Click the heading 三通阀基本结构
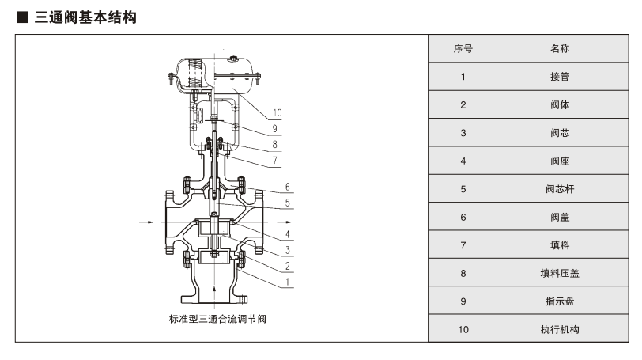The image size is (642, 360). coord(85,17)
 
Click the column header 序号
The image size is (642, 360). coord(463,49)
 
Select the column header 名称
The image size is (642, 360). coord(560,49)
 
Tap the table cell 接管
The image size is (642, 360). coord(560,77)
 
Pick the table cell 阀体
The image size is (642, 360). coord(560,104)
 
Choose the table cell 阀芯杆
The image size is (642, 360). coord(560,189)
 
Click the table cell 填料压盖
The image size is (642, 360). coord(560,273)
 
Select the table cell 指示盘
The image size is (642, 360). coord(560,301)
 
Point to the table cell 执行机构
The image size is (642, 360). coord(560,329)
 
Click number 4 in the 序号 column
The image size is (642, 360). coord(463,161)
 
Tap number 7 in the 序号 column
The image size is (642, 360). coord(463,245)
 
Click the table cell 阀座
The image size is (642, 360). coord(560,161)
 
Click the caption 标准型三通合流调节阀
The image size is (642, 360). coord(212,319)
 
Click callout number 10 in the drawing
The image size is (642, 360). coord(277,112)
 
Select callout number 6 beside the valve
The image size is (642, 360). coord(288,187)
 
